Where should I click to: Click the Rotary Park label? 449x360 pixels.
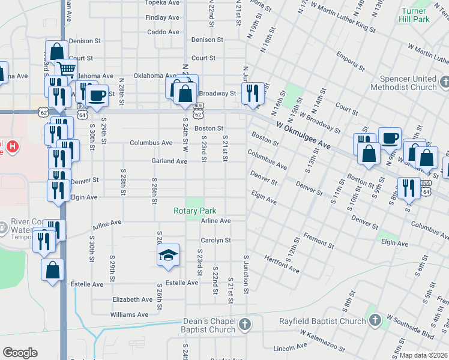tap(194, 211)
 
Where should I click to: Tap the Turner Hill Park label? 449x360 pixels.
tap(414, 15)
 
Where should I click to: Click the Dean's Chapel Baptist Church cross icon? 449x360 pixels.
tap(244, 325)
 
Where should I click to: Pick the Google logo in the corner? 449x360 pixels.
tap(20, 353)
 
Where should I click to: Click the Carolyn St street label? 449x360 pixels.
tap(215, 240)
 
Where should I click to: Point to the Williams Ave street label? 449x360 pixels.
tap(129, 314)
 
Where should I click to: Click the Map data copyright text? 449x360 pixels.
tap(423, 355)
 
